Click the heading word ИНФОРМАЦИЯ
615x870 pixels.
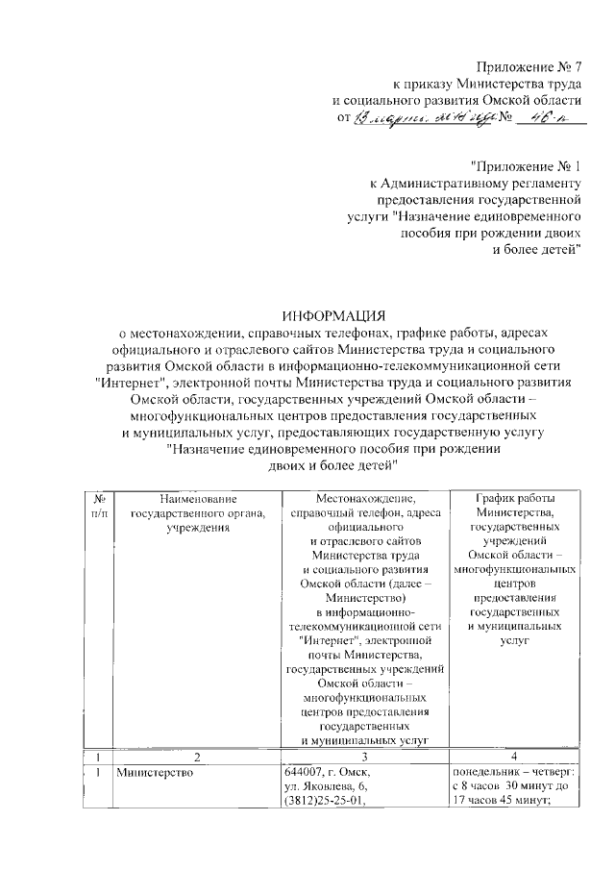[332, 315]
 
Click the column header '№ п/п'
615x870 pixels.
[99, 505]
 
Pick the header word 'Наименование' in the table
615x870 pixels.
[197, 498]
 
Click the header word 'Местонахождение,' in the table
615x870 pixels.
[364, 498]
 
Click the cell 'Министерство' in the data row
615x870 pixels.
[153, 772]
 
